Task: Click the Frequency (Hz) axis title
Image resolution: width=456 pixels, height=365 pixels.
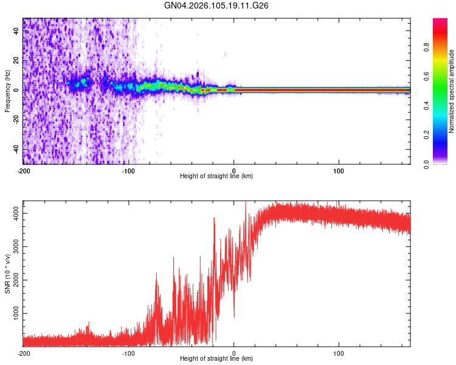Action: coord(7,91)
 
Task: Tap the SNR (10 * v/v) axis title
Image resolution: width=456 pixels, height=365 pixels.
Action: coord(7,274)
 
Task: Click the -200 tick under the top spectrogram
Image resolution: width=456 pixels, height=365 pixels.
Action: coord(23,170)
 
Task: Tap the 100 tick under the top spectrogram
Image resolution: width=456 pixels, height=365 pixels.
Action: coord(339,170)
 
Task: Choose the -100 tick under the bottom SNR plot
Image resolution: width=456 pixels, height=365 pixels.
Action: coord(128,353)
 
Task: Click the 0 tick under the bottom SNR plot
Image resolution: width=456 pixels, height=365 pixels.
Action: coord(234,353)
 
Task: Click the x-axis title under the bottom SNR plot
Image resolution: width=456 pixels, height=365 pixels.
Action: coord(216,359)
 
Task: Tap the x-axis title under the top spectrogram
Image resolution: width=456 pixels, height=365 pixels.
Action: coord(216,176)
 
